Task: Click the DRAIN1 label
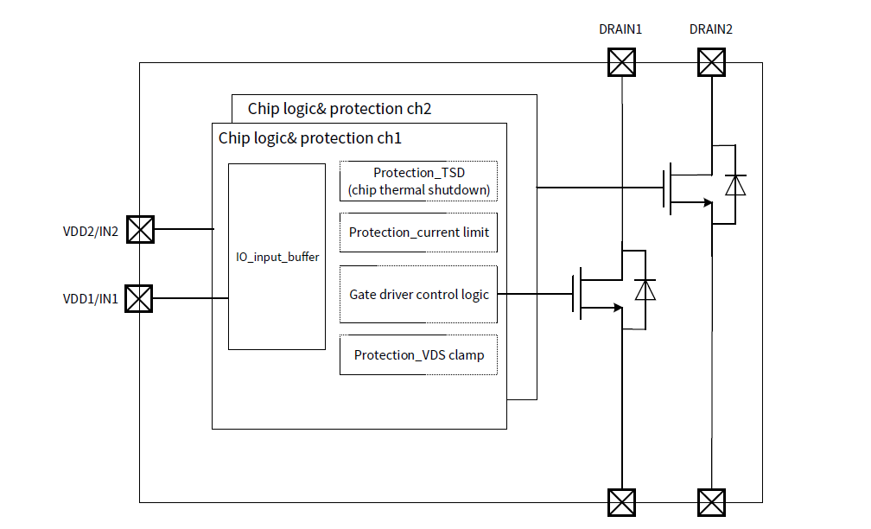(x=620, y=29)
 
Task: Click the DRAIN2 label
(x=711, y=29)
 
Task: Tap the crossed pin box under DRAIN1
(x=621, y=63)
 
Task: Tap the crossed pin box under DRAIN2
(x=711, y=63)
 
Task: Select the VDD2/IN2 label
(x=91, y=230)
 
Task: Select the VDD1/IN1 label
(x=91, y=299)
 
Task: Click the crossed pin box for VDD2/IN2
(x=139, y=230)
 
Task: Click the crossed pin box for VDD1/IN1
(x=139, y=299)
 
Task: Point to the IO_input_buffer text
(x=277, y=257)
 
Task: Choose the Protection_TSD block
(x=419, y=181)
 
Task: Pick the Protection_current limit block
(x=419, y=233)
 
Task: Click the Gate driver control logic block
(x=419, y=295)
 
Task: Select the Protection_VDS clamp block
(x=419, y=355)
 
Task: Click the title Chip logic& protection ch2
(x=340, y=109)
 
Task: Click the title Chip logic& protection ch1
(x=310, y=138)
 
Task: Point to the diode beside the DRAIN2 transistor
(x=735, y=186)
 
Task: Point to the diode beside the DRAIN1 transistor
(x=645, y=290)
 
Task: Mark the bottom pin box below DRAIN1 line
(x=621, y=502)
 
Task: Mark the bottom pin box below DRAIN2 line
(x=711, y=502)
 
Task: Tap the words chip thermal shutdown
(x=419, y=190)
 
